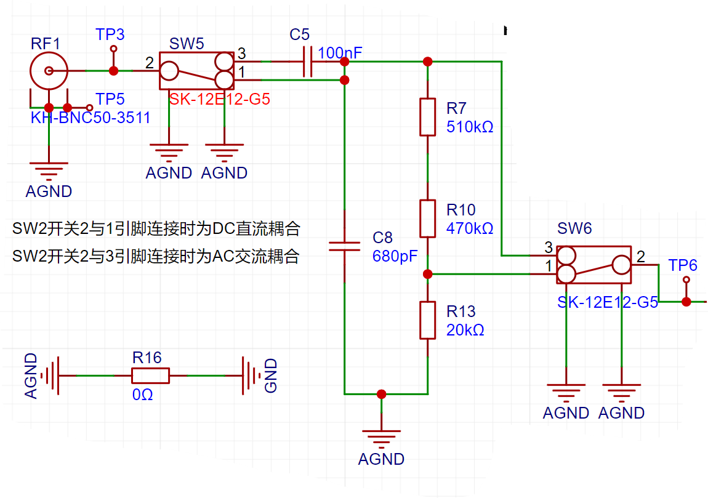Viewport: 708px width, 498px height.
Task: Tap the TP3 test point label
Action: point(110,34)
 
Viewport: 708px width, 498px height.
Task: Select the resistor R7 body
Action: point(428,117)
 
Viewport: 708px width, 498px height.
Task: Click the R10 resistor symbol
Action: point(428,219)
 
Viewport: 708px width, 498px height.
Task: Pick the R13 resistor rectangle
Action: point(428,320)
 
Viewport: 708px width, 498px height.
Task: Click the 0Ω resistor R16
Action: point(150,376)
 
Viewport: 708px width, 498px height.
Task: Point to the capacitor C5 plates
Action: point(307,62)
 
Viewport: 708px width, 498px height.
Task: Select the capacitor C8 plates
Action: point(345,246)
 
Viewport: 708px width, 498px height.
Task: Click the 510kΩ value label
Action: point(470,127)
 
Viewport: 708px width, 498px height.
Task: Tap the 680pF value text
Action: point(395,256)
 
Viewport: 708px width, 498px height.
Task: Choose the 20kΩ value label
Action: point(465,330)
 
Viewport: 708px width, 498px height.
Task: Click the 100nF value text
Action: point(340,53)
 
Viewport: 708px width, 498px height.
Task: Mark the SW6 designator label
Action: point(574,228)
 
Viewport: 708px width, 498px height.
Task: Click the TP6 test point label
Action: point(683,265)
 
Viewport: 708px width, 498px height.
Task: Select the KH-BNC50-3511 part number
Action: point(91,118)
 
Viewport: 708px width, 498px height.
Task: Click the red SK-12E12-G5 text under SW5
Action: point(219,99)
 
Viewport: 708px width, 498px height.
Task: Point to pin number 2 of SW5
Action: point(150,63)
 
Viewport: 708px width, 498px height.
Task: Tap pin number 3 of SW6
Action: point(549,247)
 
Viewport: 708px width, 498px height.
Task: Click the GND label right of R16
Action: point(270,376)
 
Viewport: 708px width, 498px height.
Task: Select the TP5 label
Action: point(110,99)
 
